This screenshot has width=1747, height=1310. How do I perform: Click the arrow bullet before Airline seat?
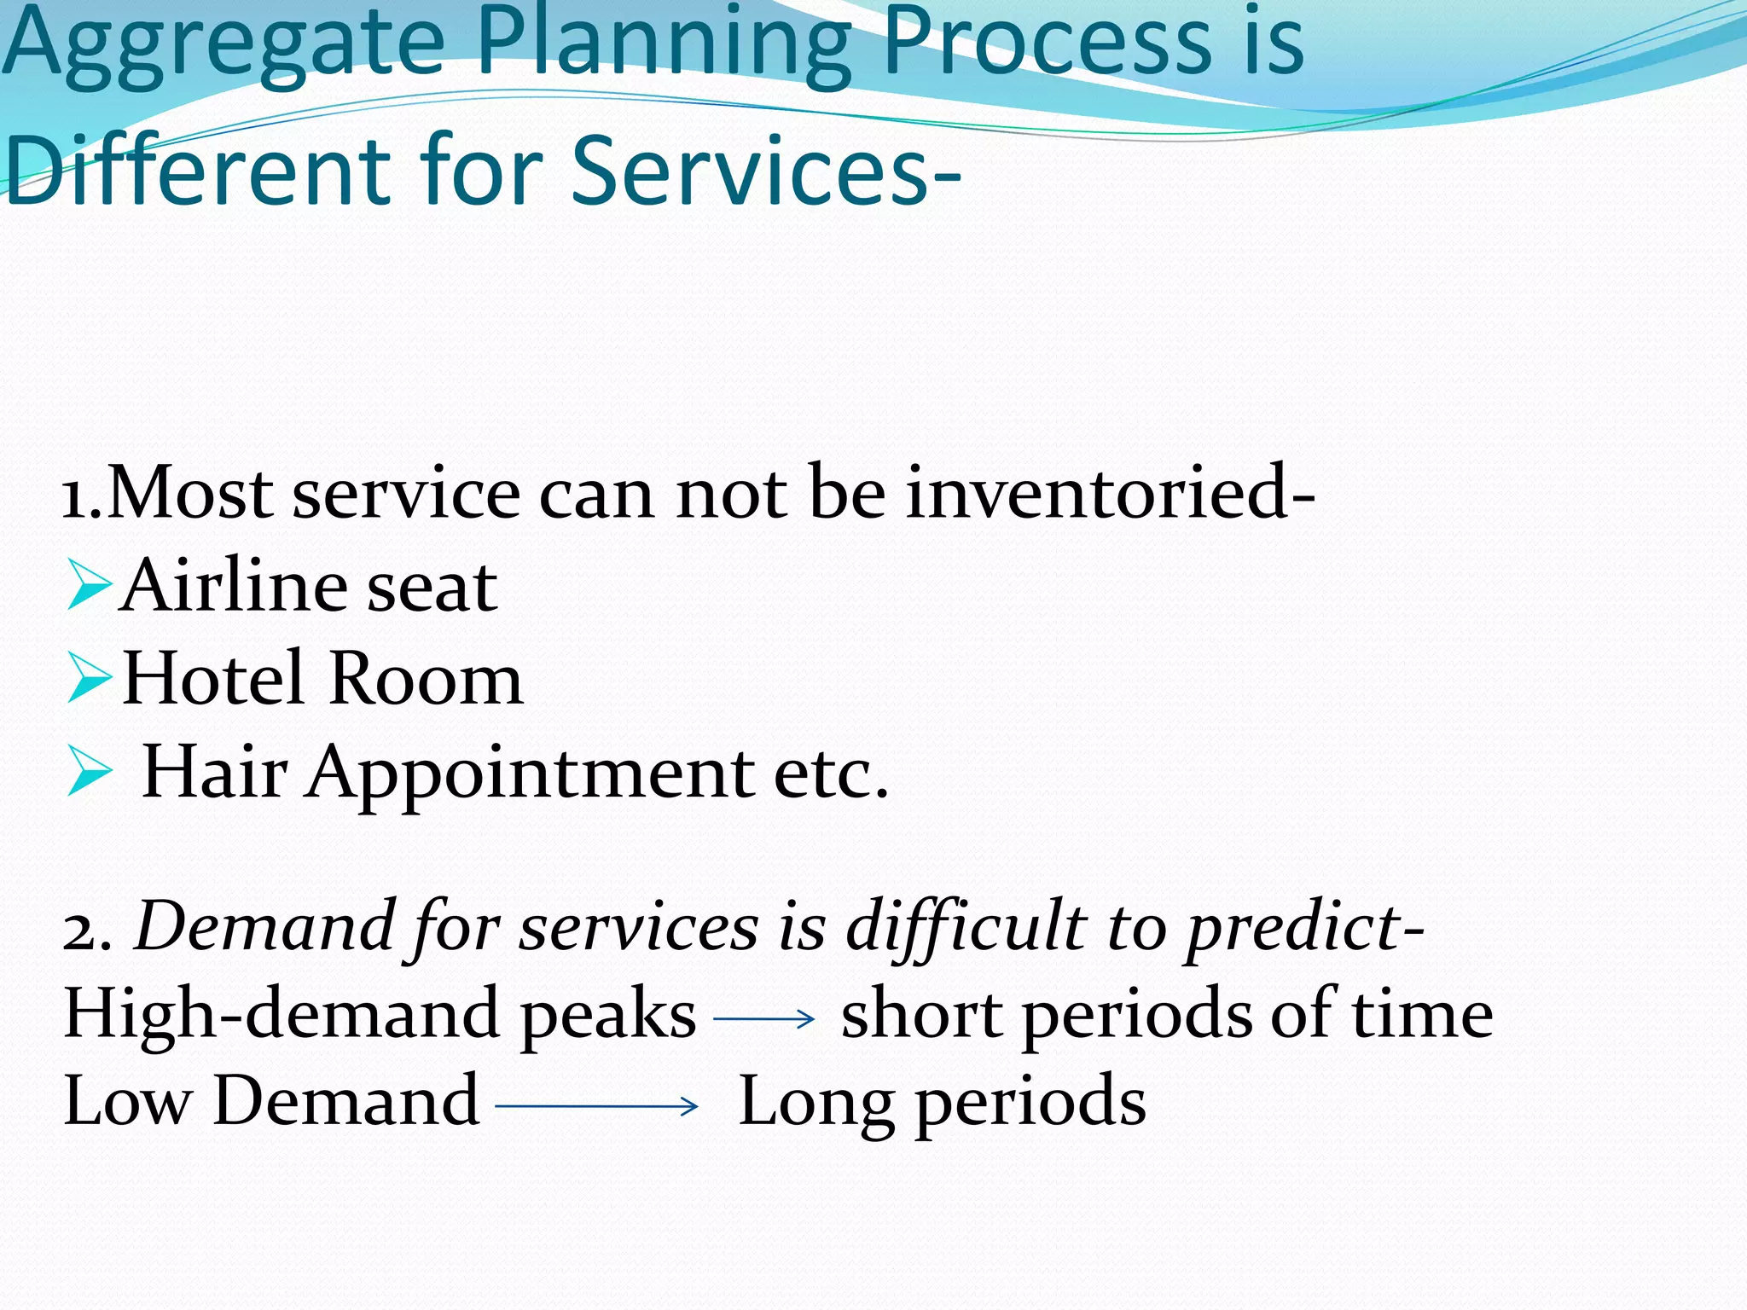tap(89, 585)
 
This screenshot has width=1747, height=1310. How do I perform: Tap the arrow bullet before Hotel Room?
tap(89, 678)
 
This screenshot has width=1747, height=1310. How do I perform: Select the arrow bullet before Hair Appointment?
tap(89, 771)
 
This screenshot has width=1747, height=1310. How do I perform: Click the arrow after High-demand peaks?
tap(764, 1018)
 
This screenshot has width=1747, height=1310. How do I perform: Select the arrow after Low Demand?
tap(597, 1106)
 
